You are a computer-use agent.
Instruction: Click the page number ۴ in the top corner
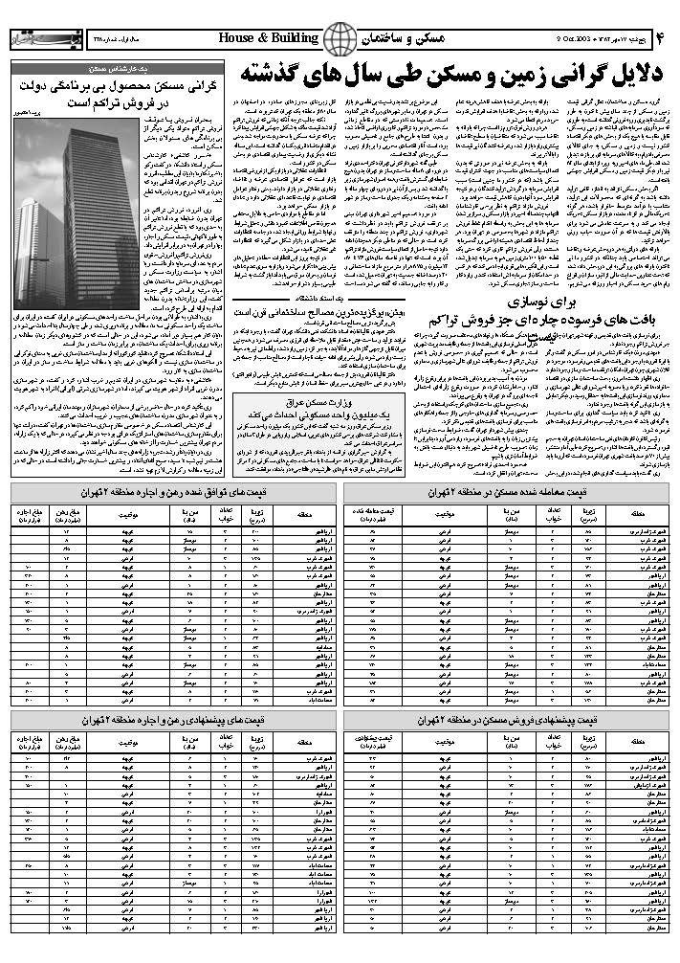pyautogui.click(x=660, y=38)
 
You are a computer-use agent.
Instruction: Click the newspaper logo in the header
pyautogui.click(x=34, y=39)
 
